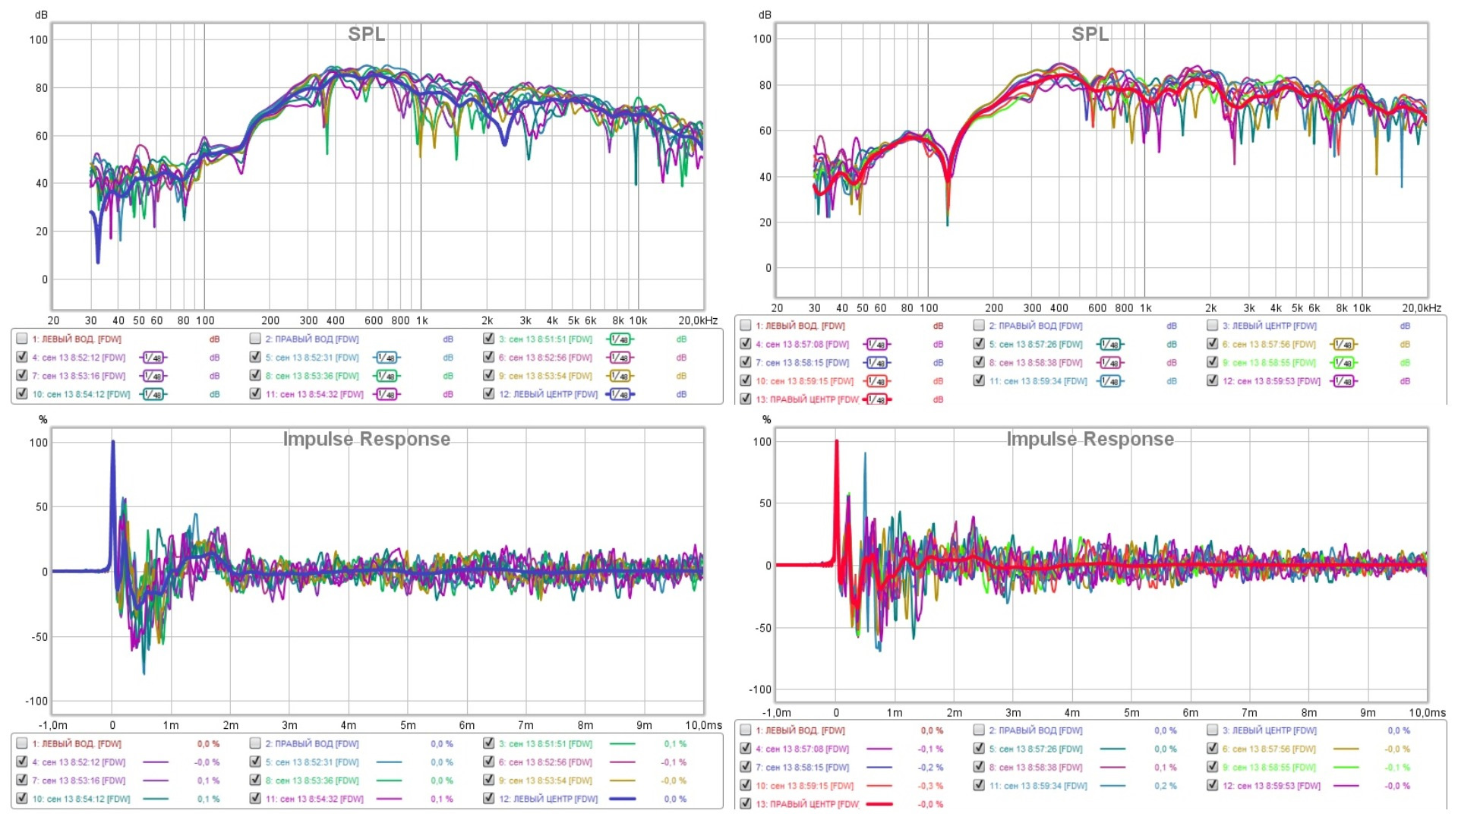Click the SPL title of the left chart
pos(366,35)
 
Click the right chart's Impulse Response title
pos(1090,440)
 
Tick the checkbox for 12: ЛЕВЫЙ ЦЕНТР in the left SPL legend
pos(489,393)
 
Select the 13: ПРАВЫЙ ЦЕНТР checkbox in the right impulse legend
pos(746,803)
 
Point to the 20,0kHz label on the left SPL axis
pos(697,320)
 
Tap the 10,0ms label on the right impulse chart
pos(1427,713)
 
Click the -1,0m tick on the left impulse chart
pos(52,725)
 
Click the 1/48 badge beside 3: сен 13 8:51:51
pos(620,339)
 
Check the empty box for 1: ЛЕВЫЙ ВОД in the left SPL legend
pos(22,339)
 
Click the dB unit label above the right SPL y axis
pos(765,15)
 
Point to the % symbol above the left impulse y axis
pos(43,420)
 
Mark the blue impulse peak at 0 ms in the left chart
pos(113,442)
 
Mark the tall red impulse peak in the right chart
pos(837,441)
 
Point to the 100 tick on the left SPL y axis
pos(38,39)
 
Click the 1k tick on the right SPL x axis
pos(1145,308)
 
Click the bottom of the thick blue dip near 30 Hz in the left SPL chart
pos(98,262)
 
